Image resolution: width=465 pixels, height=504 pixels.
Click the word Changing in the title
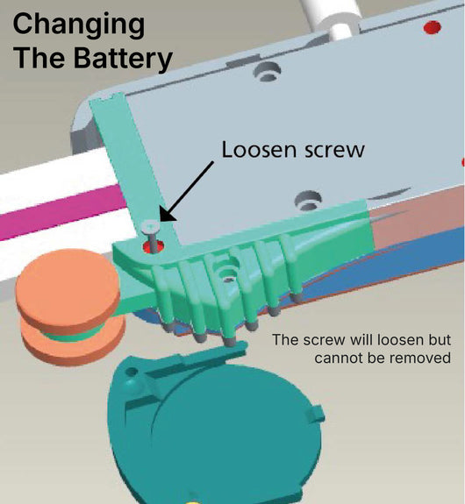tap(79, 25)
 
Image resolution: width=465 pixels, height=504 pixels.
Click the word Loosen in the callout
tap(259, 150)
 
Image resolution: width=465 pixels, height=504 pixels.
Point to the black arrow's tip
tap(161, 221)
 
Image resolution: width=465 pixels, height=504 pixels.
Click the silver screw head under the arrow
tap(151, 227)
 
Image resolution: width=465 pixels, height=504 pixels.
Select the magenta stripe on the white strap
tap(61, 211)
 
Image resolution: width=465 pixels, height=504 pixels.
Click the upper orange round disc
tap(67, 287)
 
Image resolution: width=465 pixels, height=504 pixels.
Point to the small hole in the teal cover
tap(132, 373)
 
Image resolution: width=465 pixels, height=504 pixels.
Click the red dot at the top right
tap(432, 27)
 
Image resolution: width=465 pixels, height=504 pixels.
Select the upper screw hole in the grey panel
tap(267, 72)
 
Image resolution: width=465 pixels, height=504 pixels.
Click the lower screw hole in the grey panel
tap(308, 200)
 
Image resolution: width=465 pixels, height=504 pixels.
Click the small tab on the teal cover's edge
tap(317, 414)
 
